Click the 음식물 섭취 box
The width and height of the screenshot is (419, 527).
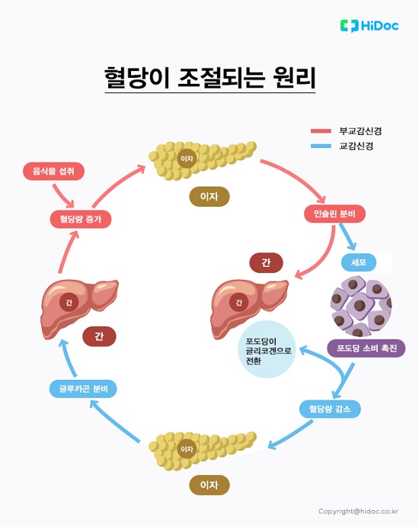click(x=53, y=171)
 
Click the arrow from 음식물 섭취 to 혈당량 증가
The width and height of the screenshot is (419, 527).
click(x=67, y=196)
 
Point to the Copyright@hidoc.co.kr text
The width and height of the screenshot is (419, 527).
click(x=358, y=511)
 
